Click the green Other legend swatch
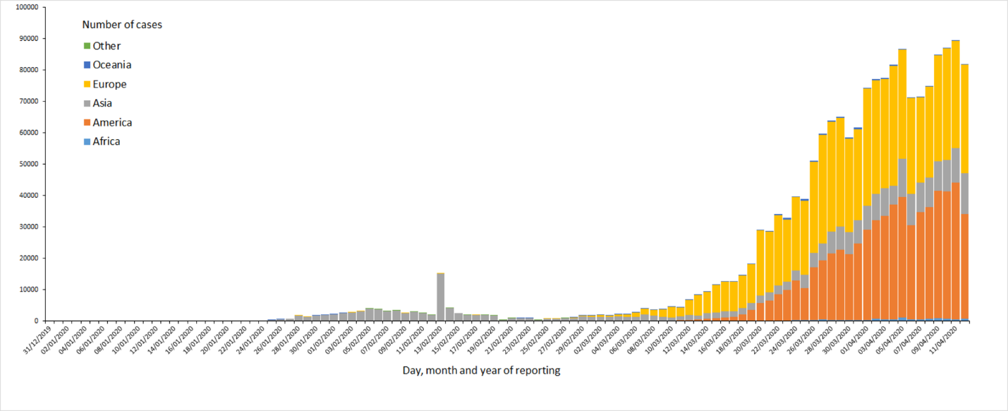click(x=87, y=46)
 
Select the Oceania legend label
click(x=112, y=65)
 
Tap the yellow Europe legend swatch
click(x=87, y=84)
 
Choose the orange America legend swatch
click(x=87, y=122)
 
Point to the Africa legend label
click(x=107, y=141)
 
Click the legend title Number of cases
click(x=122, y=25)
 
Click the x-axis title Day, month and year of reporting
click(x=481, y=370)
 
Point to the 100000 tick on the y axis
click(x=27, y=8)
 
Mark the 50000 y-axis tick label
click(x=28, y=164)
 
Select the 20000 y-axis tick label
click(x=28, y=258)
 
